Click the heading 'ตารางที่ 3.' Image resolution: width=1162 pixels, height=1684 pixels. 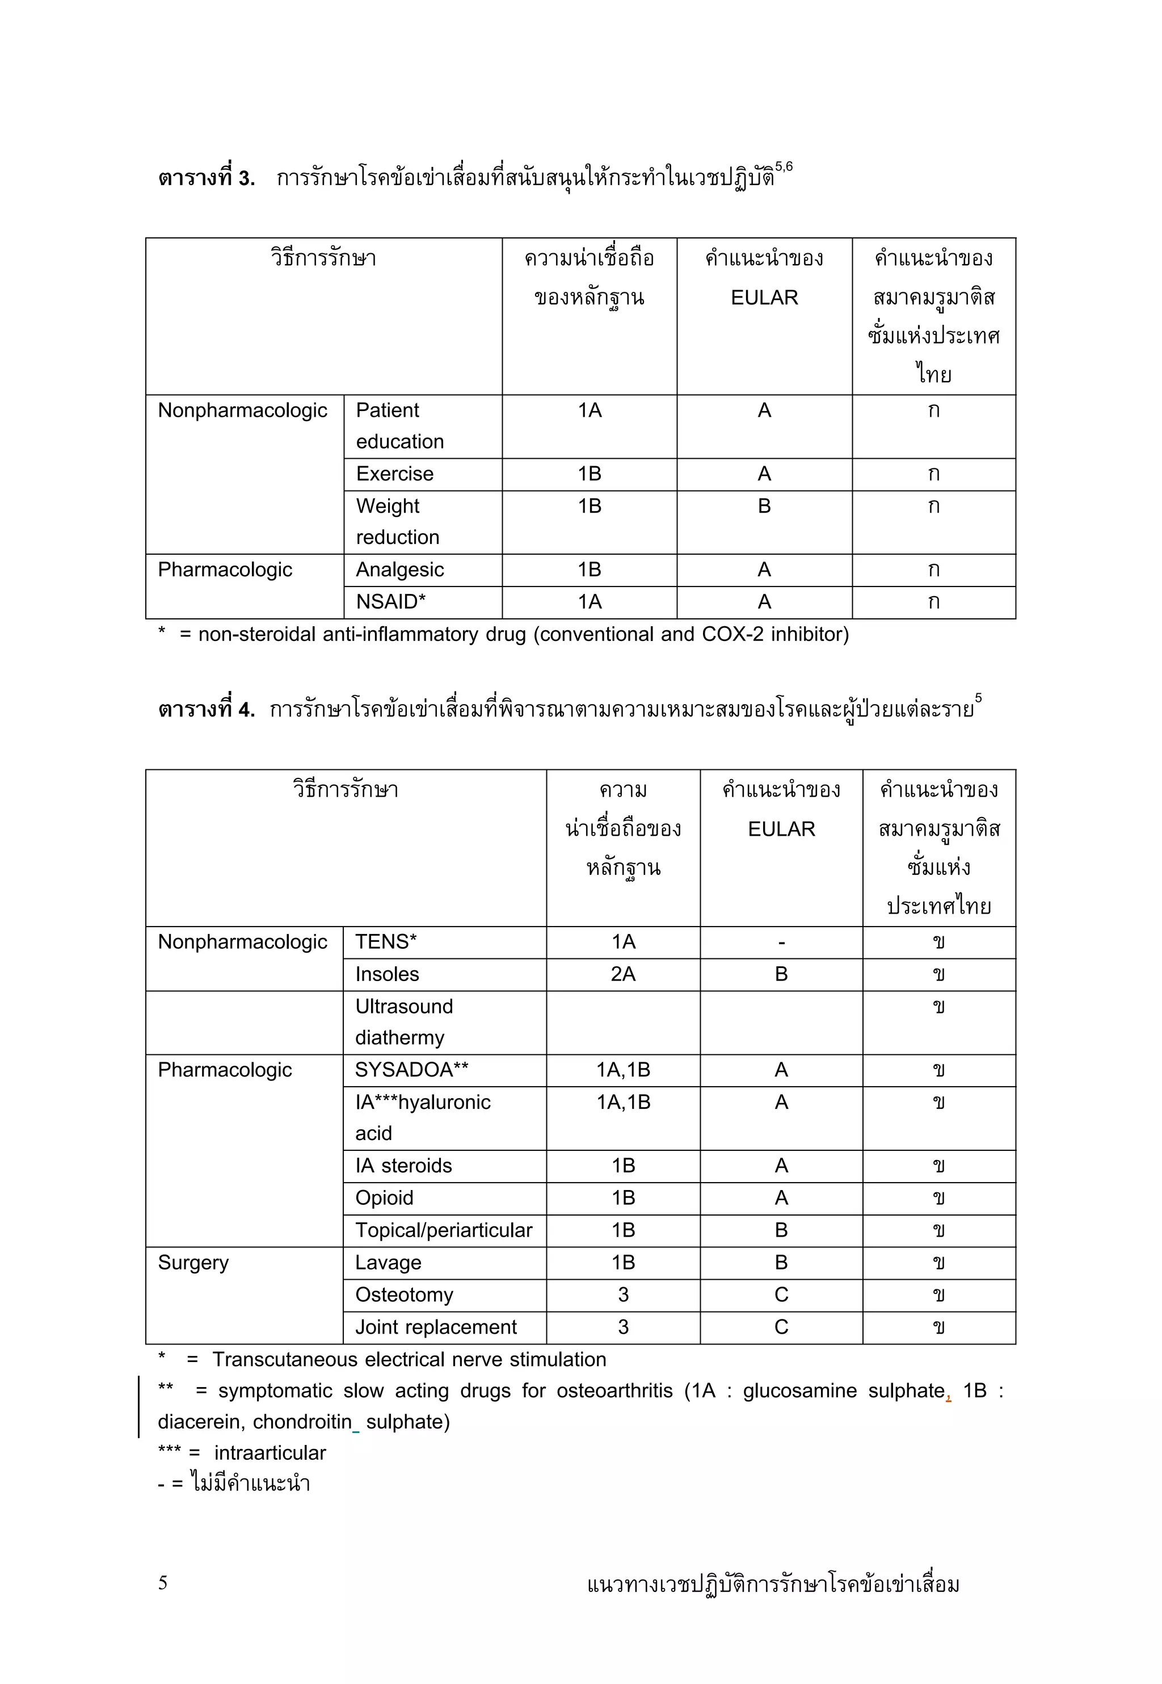point(206,178)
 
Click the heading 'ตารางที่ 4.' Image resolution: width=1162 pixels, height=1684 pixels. point(206,710)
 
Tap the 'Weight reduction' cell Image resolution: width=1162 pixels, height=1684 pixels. point(398,522)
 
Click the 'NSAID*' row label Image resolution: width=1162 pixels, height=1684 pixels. point(390,602)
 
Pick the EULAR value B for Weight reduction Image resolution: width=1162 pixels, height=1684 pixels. point(764,506)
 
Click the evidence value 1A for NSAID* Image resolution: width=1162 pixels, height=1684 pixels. point(589,602)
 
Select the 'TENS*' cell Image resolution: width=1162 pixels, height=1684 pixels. point(385,942)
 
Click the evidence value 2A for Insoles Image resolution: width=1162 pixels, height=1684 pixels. point(622,974)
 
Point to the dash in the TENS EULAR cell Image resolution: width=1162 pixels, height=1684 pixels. point(781,942)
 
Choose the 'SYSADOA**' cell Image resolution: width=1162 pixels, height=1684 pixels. point(411,1070)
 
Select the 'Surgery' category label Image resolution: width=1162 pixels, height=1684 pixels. point(193,1262)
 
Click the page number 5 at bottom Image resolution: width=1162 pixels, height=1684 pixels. point(162,1582)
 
